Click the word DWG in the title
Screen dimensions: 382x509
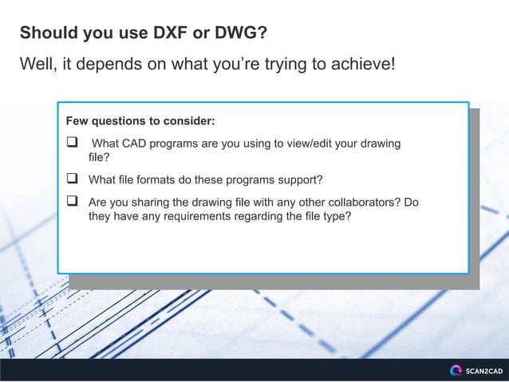click(x=237, y=33)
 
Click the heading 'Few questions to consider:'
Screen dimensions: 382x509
click(x=140, y=122)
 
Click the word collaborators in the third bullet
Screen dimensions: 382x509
click(x=354, y=202)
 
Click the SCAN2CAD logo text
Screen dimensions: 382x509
click(x=483, y=371)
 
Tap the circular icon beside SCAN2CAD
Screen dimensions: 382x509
click(x=456, y=370)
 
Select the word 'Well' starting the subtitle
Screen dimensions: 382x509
click(x=35, y=64)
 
